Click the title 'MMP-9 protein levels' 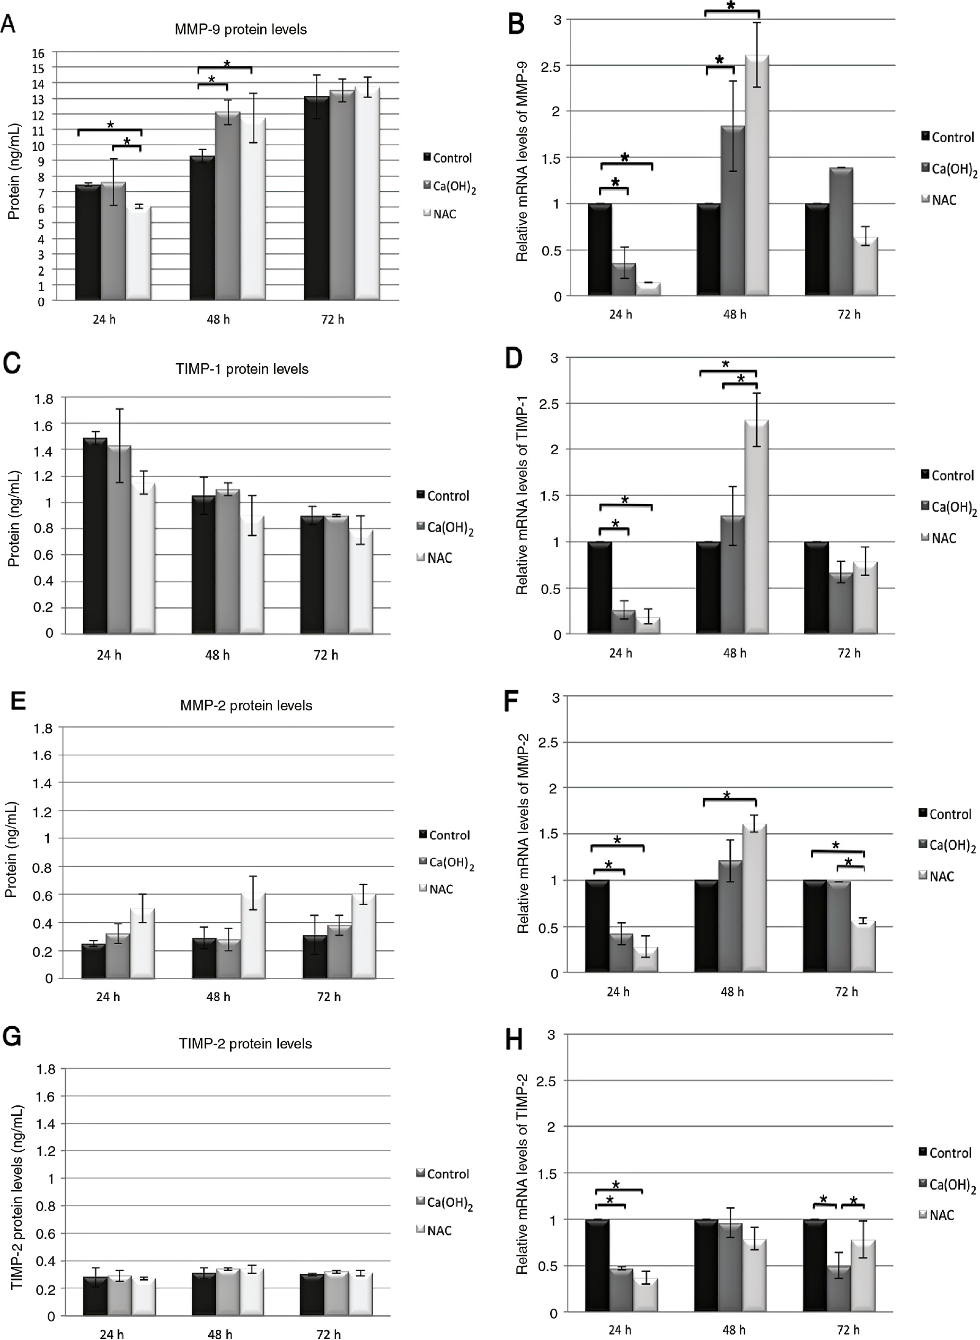240,30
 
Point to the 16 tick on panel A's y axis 38,54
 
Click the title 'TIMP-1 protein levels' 242,369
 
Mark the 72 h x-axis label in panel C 325,655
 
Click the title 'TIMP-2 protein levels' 245,1043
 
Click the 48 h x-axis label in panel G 219,1335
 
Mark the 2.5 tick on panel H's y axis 545,1081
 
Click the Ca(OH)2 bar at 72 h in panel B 841,231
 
